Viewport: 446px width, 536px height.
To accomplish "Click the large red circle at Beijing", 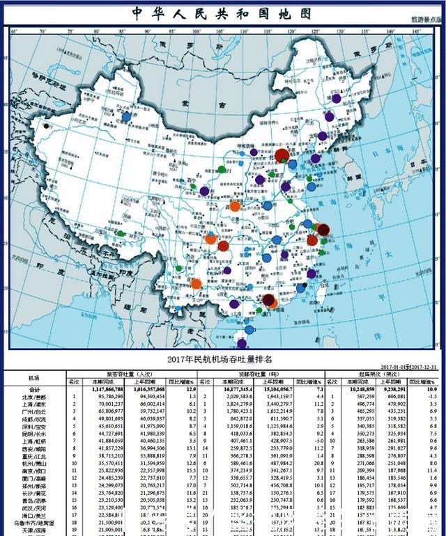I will pyautogui.click(x=282, y=155).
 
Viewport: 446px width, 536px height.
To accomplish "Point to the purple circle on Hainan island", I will pyautogui.click(x=242, y=343).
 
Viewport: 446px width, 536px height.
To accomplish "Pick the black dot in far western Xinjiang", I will pyautogui.click(x=46, y=126).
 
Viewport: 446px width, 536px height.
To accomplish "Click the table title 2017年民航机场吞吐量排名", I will pyautogui.click(x=221, y=359).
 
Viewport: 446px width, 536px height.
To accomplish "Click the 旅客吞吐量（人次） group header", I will pyautogui.click(x=134, y=374).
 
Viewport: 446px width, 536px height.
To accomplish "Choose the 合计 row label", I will pyautogui.click(x=34, y=390).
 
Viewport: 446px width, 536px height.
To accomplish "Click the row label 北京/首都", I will pyautogui.click(x=34, y=397).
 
